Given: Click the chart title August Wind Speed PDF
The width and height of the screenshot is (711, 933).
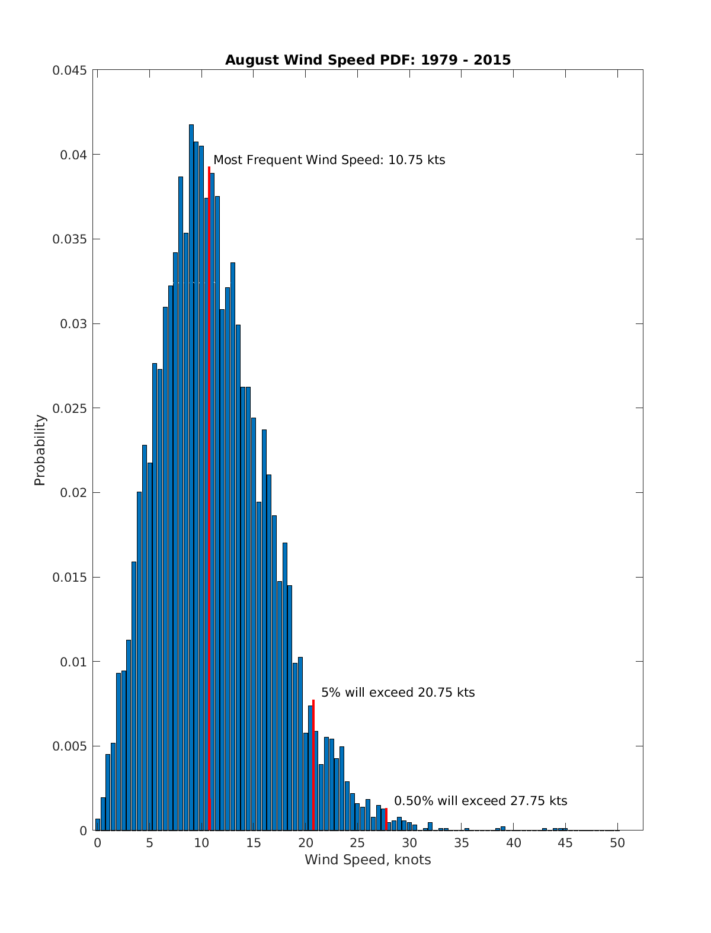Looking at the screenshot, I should click(x=367, y=60).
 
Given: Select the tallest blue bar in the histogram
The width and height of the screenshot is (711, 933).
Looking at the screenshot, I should click(x=191, y=474).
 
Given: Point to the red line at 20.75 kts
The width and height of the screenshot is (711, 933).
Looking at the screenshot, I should click(x=313, y=764).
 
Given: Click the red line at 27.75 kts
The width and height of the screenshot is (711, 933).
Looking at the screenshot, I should click(x=386, y=819).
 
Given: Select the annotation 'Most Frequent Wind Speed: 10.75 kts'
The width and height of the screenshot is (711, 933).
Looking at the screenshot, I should click(x=329, y=160).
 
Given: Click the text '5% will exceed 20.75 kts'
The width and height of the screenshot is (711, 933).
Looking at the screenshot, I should click(x=398, y=692).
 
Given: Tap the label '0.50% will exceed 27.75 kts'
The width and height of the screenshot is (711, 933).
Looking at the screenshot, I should click(x=481, y=801).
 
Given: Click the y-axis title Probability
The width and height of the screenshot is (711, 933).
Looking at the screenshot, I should click(x=40, y=450).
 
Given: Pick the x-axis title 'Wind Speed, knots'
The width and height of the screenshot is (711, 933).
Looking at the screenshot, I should click(x=367, y=860).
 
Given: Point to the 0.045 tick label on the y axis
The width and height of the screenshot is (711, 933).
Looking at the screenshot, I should click(x=69, y=70).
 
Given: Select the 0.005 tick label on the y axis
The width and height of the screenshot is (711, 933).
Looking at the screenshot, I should click(x=69, y=746).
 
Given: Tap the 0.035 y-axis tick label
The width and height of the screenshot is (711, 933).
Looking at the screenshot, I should click(x=69, y=239).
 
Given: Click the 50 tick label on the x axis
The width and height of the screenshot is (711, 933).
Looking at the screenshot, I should click(x=617, y=843).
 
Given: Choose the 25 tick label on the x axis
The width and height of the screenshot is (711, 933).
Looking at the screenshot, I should click(x=357, y=843).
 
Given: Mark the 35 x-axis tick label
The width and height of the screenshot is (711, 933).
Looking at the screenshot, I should click(x=462, y=843).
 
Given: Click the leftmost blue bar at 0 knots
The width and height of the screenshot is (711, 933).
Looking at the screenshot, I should click(x=98, y=825).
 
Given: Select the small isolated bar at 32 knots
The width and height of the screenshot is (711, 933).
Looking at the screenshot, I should click(x=430, y=826).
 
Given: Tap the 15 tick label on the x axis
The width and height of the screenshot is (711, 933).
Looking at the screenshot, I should click(x=254, y=843).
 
